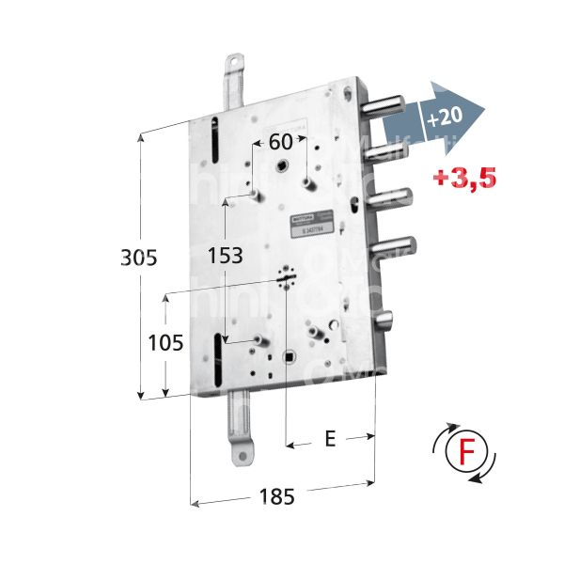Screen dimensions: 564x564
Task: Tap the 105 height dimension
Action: [165, 344]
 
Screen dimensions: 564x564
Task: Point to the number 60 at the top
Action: [280, 143]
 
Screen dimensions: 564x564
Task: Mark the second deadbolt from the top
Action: [389, 148]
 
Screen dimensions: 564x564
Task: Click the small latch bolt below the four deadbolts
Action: [388, 321]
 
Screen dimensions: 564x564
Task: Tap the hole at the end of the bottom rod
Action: [243, 457]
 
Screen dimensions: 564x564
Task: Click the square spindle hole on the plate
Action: [290, 357]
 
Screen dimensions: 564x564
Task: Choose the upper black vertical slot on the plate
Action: [214, 140]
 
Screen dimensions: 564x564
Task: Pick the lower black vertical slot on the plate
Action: [219, 357]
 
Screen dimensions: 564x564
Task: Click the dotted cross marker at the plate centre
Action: [286, 278]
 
